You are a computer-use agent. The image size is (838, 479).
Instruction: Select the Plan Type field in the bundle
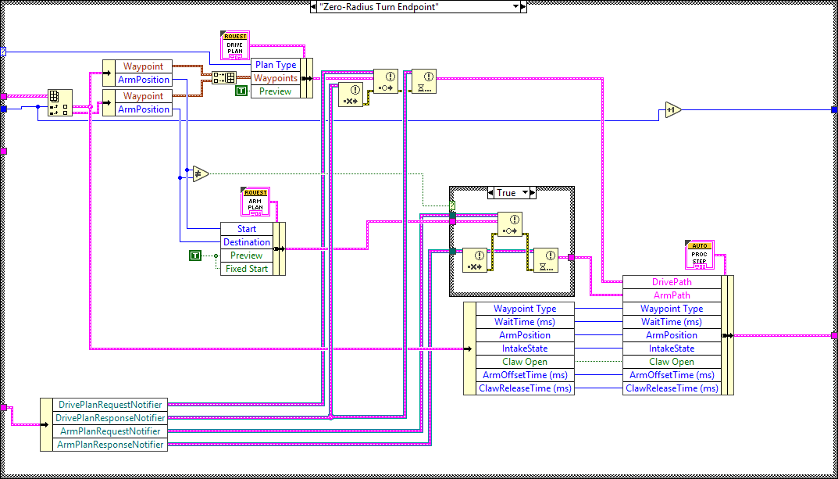point(275,65)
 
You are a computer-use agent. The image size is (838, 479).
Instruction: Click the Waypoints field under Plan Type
point(275,78)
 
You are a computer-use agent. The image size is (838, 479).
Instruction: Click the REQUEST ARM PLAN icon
point(255,202)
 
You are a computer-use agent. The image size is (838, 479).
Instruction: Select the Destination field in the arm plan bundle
point(246,242)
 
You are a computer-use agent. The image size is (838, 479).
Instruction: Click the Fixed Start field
point(246,269)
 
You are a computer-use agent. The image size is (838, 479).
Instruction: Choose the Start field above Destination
point(246,229)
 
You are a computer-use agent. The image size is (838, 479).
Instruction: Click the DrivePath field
point(671,282)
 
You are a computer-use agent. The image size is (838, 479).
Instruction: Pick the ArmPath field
point(671,295)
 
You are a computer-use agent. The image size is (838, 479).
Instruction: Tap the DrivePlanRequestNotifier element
point(110,405)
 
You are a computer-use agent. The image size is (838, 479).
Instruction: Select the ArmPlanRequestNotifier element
point(110,431)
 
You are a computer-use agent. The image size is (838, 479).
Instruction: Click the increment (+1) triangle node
point(672,110)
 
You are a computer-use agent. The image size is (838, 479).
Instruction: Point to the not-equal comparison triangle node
point(201,173)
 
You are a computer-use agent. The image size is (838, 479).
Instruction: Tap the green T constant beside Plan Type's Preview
point(241,91)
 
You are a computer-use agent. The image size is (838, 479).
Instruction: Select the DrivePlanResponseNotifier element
point(110,418)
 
